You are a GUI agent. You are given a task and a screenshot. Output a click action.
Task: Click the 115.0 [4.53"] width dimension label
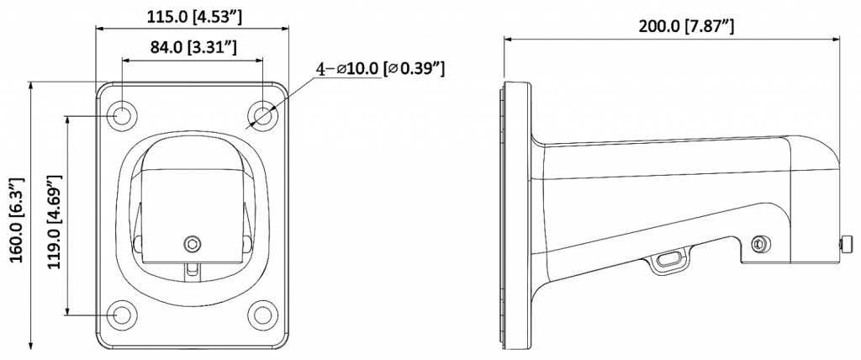[x=192, y=14]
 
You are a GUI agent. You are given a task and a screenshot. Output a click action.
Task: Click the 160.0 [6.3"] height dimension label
[x=14, y=220]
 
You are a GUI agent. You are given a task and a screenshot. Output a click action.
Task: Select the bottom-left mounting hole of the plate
[x=122, y=315]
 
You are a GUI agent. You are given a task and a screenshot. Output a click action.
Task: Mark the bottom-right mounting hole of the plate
[x=264, y=315]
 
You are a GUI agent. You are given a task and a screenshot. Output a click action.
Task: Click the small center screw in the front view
[x=193, y=243]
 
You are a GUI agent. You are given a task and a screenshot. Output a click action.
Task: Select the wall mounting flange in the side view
[x=514, y=214]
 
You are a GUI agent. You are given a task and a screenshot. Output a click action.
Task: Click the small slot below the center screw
[x=193, y=269]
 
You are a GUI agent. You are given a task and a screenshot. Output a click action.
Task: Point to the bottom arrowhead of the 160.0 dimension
[x=31, y=345]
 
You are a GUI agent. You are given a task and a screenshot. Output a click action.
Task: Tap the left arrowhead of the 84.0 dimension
[x=125, y=61]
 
